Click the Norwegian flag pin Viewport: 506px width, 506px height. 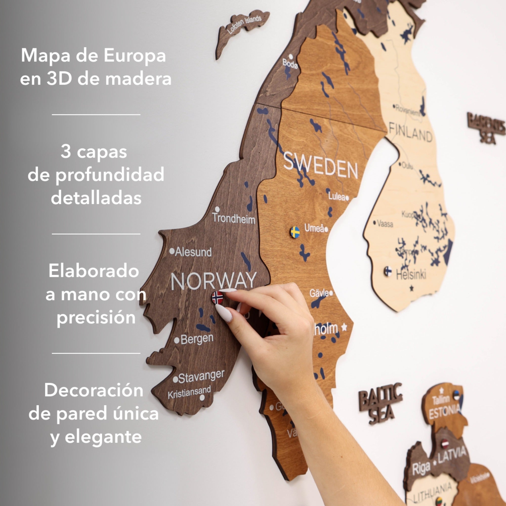point(217,298)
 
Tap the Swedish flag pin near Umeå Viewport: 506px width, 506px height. point(295,232)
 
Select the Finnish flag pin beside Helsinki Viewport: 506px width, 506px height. point(388,271)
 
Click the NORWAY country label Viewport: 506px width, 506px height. point(213,281)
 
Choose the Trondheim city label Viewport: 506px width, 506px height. point(234,218)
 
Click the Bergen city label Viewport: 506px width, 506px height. point(197,339)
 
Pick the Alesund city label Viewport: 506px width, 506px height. point(193,252)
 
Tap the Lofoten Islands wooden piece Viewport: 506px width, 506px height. point(242,29)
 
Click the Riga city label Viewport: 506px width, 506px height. point(421,468)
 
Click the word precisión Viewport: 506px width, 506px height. point(96,318)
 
